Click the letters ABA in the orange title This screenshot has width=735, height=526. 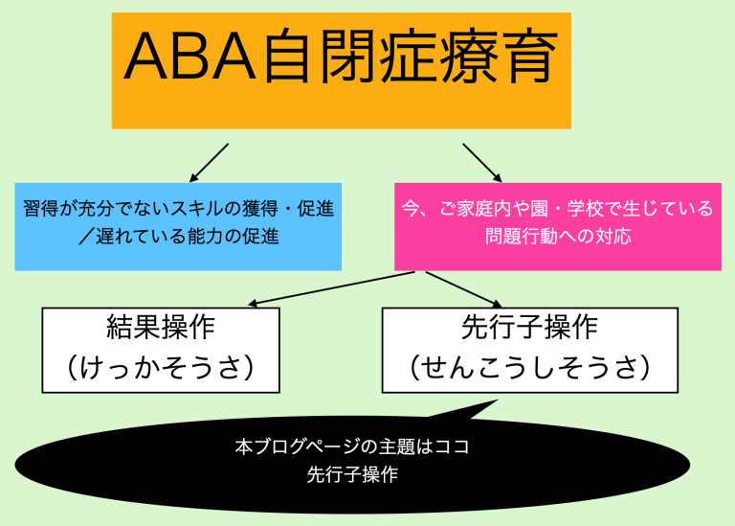point(189,57)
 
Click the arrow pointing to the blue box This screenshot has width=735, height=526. point(209,163)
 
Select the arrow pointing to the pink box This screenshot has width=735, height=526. point(482,163)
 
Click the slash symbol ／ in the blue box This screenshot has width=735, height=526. point(86,236)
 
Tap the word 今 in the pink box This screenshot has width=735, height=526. point(411,208)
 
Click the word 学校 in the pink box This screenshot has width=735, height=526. point(585,208)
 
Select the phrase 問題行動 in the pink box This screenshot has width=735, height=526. point(521,236)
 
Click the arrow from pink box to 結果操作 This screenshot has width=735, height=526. point(331,288)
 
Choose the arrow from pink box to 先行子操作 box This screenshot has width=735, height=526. point(463,289)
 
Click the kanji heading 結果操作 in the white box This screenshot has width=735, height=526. point(161,327)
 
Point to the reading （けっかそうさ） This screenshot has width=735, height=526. point(161,367)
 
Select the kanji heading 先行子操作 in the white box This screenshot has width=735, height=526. point(529,327)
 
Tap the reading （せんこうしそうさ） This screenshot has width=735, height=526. point(529,367)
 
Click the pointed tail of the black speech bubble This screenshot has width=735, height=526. point(498,400)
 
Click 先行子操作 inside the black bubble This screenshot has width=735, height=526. point(352,474)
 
